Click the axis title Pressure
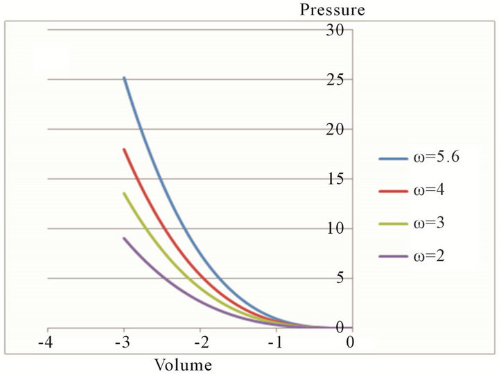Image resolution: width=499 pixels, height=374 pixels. click(331, 10)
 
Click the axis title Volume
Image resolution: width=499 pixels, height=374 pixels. click(182, 363)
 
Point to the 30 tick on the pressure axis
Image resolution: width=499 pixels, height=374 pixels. click(336, 30)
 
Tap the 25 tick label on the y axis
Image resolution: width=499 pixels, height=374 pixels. click(336, 80)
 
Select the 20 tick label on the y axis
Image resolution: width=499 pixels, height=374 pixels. click(336, 130)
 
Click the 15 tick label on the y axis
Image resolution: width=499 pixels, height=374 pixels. click(336, 180)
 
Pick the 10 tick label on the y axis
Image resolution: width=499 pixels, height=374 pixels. click(336, 230)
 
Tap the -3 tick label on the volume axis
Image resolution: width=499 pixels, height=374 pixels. click(123, 342)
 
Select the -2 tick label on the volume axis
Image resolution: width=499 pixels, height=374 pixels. click(199, 342)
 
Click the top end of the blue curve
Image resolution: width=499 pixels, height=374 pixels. click(124, 78)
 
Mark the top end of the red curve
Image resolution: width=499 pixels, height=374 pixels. click(124, 149)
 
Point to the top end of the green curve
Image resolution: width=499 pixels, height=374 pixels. click(124, 194)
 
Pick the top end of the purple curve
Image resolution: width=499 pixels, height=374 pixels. click(124, 239)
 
